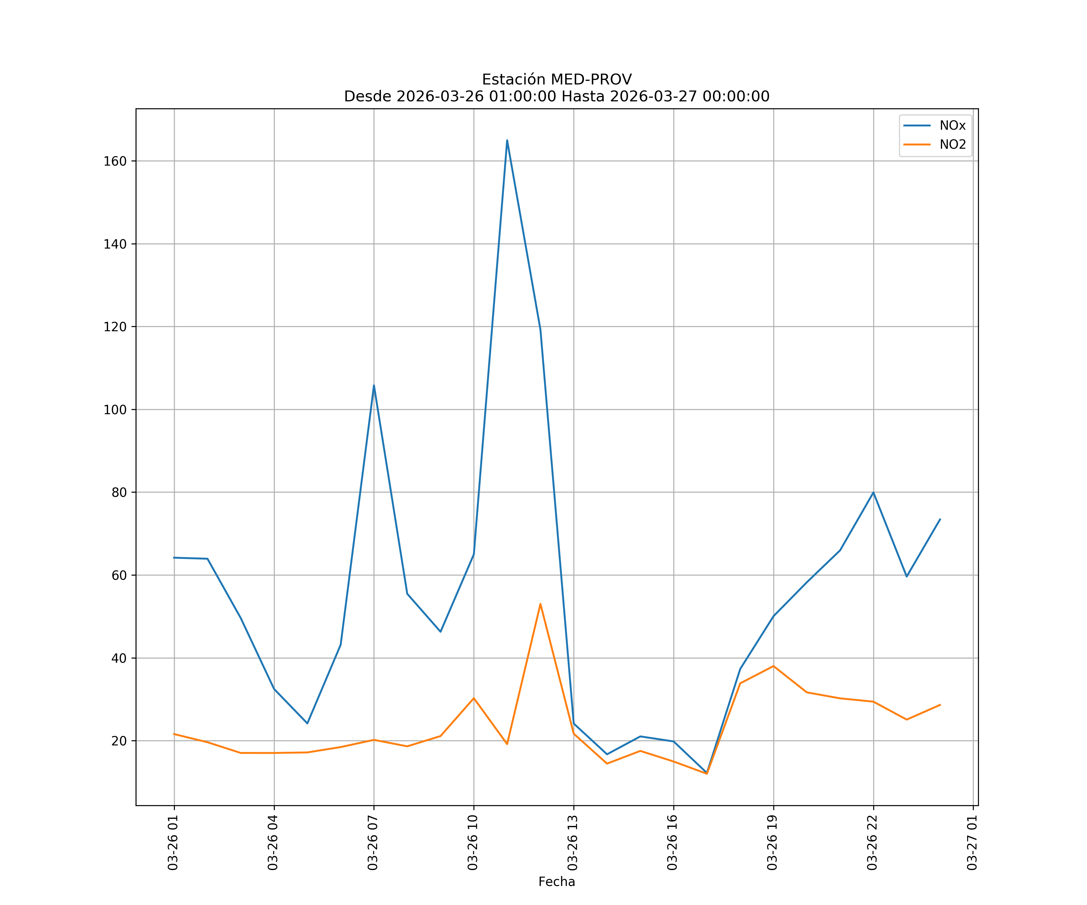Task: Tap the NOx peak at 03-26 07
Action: (x=374, y=385)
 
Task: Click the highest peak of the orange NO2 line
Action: (x=540, y=604)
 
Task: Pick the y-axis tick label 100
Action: (x=115, y=410)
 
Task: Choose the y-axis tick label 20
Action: (x=119, y=741)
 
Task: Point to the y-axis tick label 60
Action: (x=119, y=575)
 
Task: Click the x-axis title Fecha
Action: (x=556, y=882)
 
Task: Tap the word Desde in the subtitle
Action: (x=368, y=97)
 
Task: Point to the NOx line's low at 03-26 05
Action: (x=307, y=723)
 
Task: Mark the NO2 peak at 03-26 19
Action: (x=773, y=666)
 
